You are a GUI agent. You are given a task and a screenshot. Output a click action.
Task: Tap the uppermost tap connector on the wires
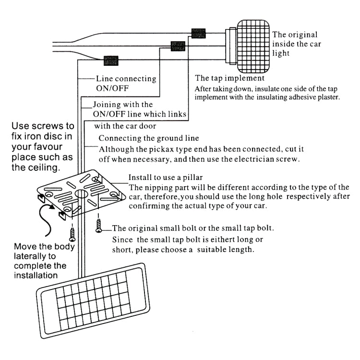198,34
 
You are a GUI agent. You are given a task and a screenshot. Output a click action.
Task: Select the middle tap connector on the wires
178,46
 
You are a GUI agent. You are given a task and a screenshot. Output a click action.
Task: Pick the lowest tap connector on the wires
111,60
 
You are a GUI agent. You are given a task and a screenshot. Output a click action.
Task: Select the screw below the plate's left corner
72,234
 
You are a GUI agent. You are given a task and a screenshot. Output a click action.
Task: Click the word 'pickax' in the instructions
178,147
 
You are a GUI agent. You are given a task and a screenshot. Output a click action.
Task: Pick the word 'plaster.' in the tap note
327,97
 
